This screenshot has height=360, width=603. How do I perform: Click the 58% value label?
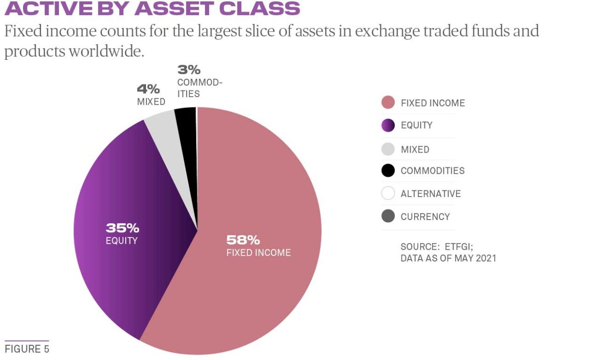click(x=243, y=240)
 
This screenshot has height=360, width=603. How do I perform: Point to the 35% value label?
click(x=122, y=228)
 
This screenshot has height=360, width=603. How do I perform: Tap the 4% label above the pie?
click(x=148, y=89)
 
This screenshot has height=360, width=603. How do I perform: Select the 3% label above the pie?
click(x=188, y=70)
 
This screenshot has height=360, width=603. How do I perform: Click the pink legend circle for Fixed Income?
click(x=388, y=103)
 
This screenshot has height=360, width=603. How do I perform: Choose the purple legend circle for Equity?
click(x=388, y=125)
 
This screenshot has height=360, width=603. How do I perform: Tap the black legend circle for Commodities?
click(x=388, y=171)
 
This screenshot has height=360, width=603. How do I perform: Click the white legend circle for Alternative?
click(x=388, y=194)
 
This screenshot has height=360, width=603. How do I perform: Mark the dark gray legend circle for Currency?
click(x=388, y=217)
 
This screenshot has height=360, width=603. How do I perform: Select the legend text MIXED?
click(x=415, y=149)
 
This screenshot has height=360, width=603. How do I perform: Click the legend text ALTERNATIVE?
click(x=431, y=194)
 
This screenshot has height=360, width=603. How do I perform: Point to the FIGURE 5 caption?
click(x=27, y=349)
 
